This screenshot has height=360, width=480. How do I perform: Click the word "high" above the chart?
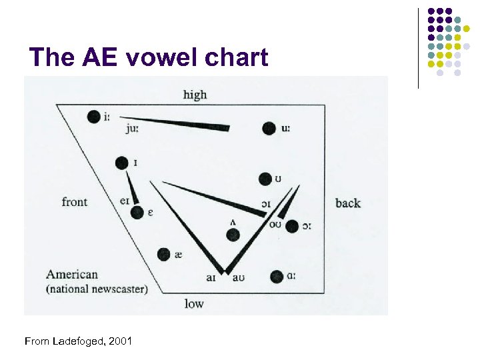coord(195,95)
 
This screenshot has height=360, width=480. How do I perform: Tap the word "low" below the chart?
coord(194,304)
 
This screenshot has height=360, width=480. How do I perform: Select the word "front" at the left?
coord(75,201)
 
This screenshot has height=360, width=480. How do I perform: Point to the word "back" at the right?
coord(348,203)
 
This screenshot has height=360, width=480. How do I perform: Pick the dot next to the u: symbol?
coord(269,129)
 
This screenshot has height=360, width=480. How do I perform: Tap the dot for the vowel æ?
coord(163,254)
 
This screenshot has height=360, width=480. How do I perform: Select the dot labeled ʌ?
coord(233,235)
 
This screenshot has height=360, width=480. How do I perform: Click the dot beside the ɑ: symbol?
coord(277,276)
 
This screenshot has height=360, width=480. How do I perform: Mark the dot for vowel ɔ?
coord(291,227)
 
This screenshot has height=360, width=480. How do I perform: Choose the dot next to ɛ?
coord(137,213)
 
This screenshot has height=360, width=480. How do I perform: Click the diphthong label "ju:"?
coord(132,129)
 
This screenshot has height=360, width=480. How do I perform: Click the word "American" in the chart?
coord(72,274)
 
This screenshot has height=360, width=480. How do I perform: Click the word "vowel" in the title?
coord(149,58)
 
